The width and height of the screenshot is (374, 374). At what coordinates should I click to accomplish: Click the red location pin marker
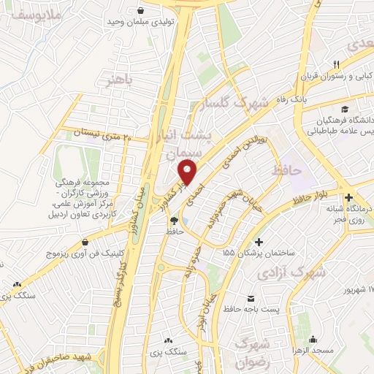[x=188, y=173]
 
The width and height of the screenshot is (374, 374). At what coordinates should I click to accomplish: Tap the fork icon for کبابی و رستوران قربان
[x=337, y=64]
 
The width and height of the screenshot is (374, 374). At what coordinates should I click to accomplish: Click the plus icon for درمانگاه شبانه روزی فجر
[x=350, y=198]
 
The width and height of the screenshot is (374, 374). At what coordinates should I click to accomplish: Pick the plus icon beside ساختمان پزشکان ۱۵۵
[x=258, y=242]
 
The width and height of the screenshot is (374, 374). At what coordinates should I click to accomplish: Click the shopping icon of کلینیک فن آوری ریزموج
[x=86, y=242]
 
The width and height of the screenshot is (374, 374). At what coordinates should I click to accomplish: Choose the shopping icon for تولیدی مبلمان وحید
[x=140, y=11]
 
